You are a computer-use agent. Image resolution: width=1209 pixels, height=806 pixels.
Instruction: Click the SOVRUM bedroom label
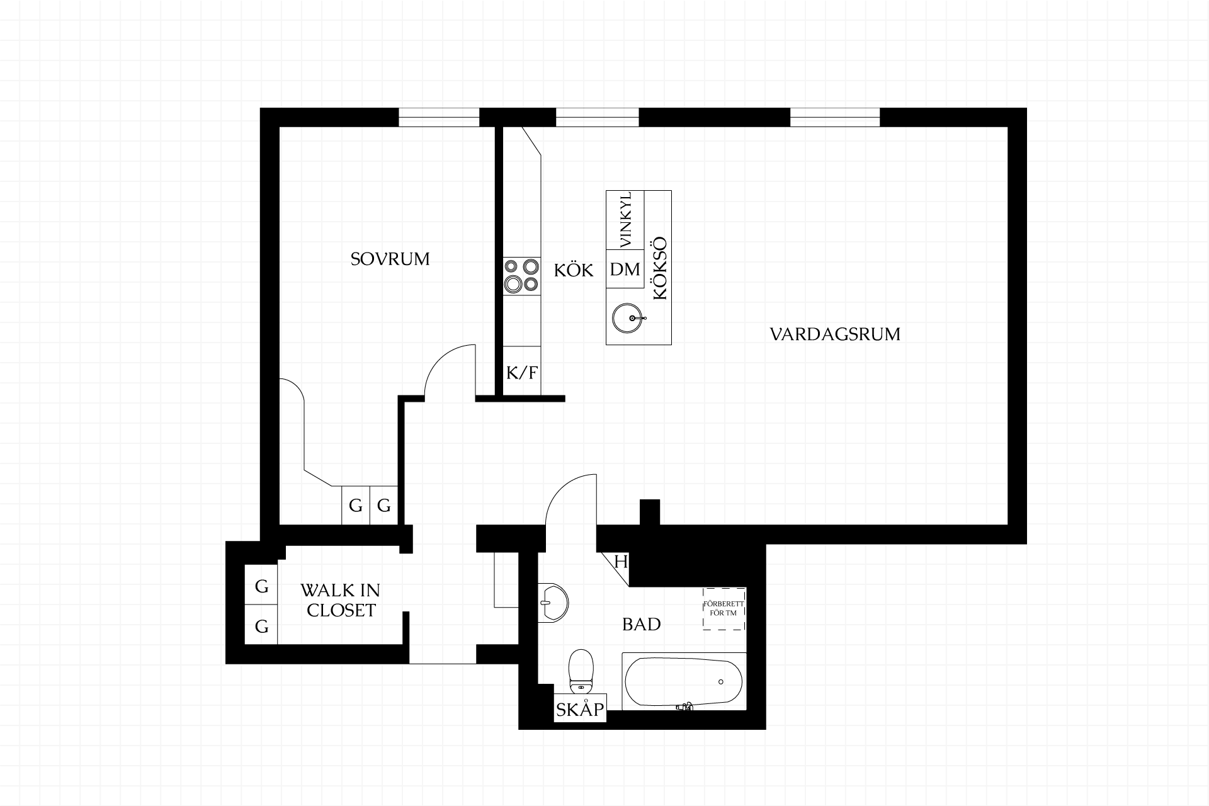pos(390,259)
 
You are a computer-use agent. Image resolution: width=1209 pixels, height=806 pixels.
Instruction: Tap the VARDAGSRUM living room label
pos(835,334)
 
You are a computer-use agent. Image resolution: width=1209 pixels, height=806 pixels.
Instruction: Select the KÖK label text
pos(574,270)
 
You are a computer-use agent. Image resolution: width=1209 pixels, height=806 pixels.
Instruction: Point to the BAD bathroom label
pos(642,624)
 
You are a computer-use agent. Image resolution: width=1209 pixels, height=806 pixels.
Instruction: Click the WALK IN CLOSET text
pos(341,600)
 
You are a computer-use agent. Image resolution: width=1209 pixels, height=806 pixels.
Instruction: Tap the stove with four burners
pos(522,276)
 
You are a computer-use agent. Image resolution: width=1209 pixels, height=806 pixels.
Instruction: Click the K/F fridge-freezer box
pos(522,372)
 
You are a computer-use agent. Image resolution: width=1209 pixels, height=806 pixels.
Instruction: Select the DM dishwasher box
pos(625,269)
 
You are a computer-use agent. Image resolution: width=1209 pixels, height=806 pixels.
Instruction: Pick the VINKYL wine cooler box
pos(625,220)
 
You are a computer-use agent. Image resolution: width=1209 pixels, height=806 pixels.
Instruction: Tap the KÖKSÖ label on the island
pos(659,268)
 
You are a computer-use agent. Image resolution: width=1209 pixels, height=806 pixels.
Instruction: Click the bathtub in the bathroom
pos(684,681)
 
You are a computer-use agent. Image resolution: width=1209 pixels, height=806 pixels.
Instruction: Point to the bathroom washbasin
pos(553,603)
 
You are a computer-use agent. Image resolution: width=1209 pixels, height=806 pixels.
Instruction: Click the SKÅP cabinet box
pos(580,708)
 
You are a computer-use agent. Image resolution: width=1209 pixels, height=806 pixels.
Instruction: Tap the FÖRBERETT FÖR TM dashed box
pos(724,608)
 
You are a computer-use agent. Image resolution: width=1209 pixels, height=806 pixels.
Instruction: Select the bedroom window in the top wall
pos(439,117)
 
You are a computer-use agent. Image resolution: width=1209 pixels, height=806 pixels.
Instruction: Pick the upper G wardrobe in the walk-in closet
pos(261,585)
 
